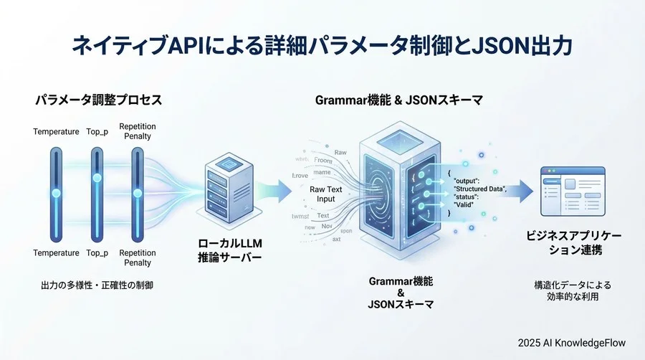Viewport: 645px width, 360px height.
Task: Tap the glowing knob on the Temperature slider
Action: click(x=56, y=193)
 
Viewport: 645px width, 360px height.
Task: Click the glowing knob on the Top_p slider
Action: click(x=97, y=177)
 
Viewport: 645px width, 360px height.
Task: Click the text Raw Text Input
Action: click(x=327, y=194)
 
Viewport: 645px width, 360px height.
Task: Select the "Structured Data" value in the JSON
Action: click(x=480, y=188)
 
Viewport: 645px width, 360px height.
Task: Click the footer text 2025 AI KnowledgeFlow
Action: click(x=575, y=342)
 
